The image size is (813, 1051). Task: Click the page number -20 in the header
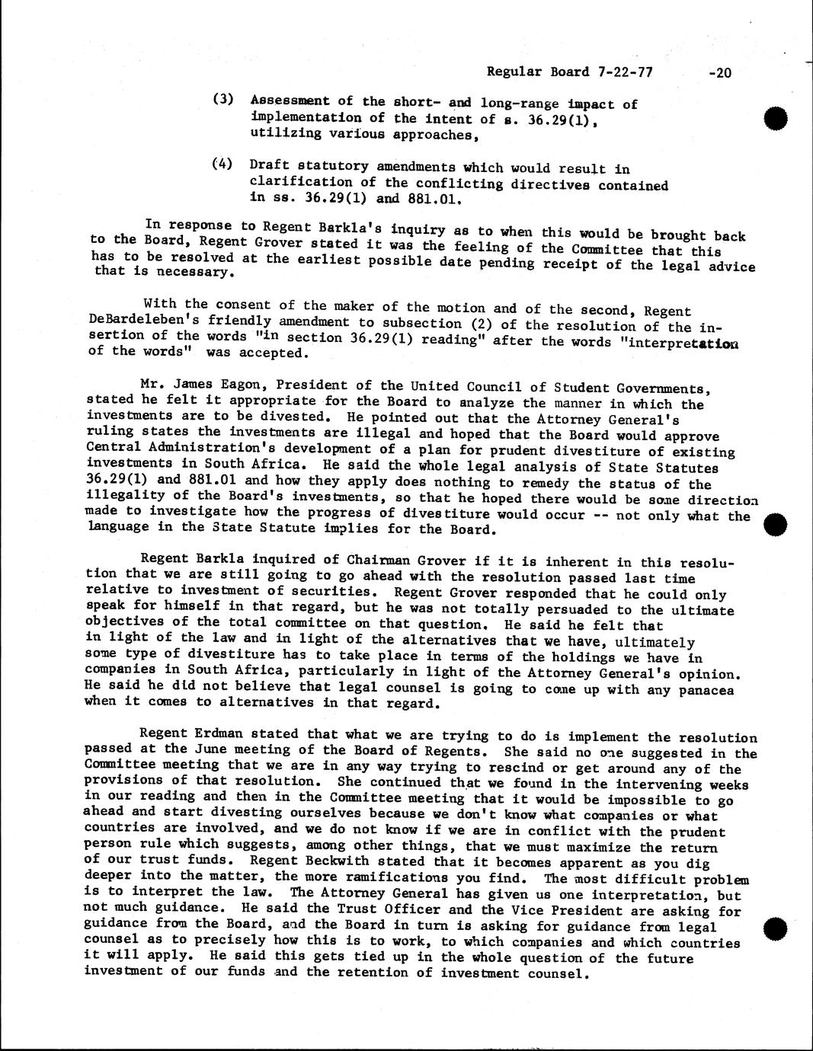(x=719, y=73)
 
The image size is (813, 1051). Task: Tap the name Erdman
(x=216, y=735)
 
